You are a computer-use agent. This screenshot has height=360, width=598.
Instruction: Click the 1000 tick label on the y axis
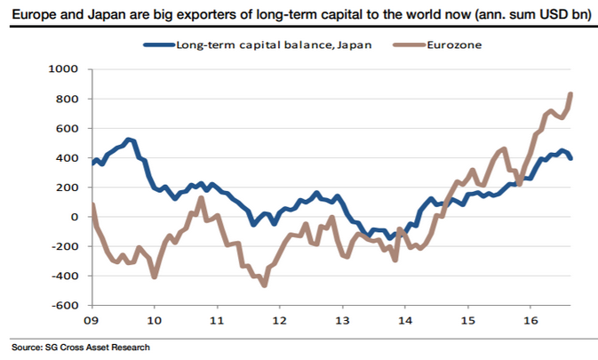tap(64, 68)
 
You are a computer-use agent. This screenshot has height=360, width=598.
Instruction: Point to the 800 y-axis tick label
tap(68, 99)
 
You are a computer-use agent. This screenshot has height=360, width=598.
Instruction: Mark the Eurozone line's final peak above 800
tap(570, 94)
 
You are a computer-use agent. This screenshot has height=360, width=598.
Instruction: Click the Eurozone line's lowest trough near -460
tap(264, 284)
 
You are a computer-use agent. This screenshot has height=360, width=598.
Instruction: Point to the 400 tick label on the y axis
tap(68, 158)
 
